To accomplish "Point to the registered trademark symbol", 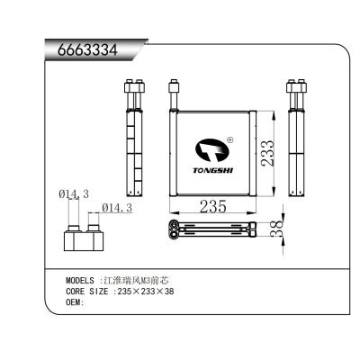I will tap(230, 139).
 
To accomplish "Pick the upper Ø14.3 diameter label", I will tap(74, 194).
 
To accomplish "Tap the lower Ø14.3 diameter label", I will tap(118, 208).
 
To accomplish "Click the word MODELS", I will tap(83, 280).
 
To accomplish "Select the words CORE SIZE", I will tap(87, 291).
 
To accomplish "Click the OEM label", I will tap(75, 302).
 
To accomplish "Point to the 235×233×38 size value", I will tap(148, 291).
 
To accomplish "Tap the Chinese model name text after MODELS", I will tap(135, 280).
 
